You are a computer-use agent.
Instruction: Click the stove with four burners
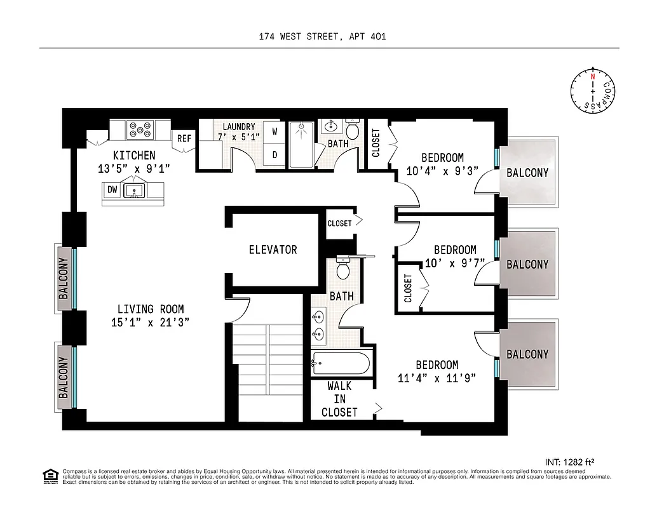click(140, 130)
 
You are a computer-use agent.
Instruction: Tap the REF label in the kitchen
click(184, 138)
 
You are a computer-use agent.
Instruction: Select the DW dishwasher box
click(112, 189)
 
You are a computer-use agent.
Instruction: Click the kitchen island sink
click(135, 190)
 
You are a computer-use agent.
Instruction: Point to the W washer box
click(274, 132)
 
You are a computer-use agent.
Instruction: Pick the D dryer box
click(274, 154)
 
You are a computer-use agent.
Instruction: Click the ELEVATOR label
click(273, 250)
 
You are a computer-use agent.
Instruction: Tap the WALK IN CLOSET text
click(339, 399)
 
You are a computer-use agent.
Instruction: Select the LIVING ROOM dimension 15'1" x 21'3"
click(150, 322)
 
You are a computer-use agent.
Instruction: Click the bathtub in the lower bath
click(340, 364)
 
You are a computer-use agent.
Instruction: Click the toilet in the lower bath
click(343, 271)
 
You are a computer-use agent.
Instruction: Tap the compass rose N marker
click(592, 77)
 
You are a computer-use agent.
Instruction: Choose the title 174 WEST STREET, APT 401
click(322, 36)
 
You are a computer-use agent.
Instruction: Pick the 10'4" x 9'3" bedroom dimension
click(442, 171)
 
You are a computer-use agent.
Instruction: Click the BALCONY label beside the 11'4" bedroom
click(527, 354)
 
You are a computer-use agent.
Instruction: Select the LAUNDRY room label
click(238, 126)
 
